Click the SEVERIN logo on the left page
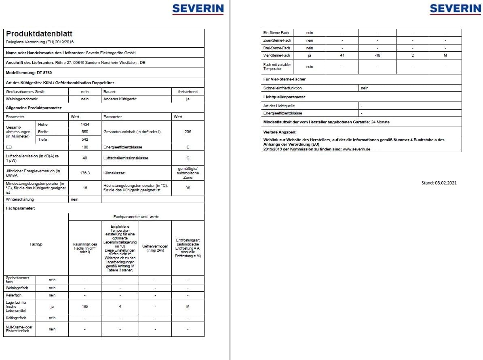pyautogui.click(x=198, y=8)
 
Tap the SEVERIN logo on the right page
pyautogui.click(x=455, y=8)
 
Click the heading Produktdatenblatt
pyautogui.click(x=39, y=34)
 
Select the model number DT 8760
pyautogui.click(x=44, y=72)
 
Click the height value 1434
pyautogui.click(x=85, y=124)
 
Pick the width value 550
pyautogui.click(x=85, y=132)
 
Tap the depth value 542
pyautogui.click(x=85, y=139)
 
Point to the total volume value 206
pyautogui.click(x=188, y=132)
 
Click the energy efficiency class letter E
pyautogui.click(x=188, y=147)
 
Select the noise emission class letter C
pyautogui.click(x=188, y=158)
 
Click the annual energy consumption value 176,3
pyautogui.click(x=85, y=173)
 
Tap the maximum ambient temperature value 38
pyautogui.click(x=188, y=188)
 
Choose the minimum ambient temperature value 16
pyautogui.click(x=85, y=188)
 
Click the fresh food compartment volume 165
pyautogui.click(x=85, y=307)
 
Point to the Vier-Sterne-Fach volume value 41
pyautogui.click(x=342, y=55)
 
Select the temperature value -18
pyautogui.click(x=377, y=55)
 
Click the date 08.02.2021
pyautogui.click(x=446, y=183)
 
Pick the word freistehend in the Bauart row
pyautogui.click(x=188, y=91)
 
